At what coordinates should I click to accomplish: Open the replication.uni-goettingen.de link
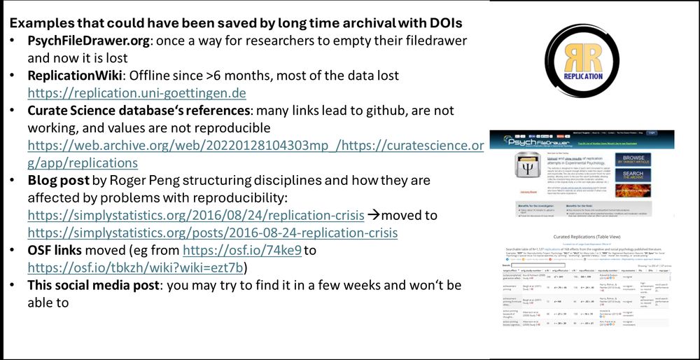click(x=136, y=92)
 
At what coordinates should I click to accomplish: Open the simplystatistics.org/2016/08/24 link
click(x=196, y=215)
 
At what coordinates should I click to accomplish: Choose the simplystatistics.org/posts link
click(x=212, y=233)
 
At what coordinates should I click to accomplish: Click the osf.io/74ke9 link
click(x=241, y=250)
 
